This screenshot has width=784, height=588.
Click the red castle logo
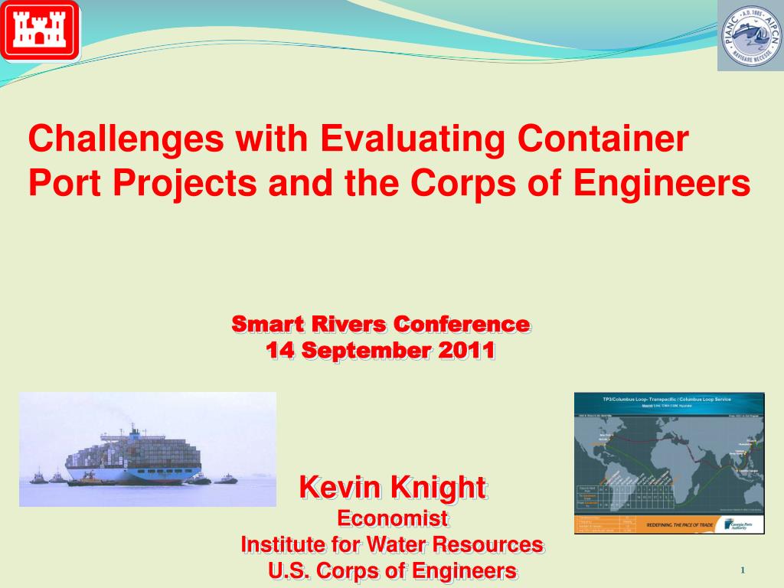point(40,31)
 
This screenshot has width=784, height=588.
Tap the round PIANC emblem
point(750,35)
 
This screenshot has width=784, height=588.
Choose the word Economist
point(393,518)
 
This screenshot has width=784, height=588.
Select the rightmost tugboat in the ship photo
point(226,479)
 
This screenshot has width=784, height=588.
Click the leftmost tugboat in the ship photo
point(38,479)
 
